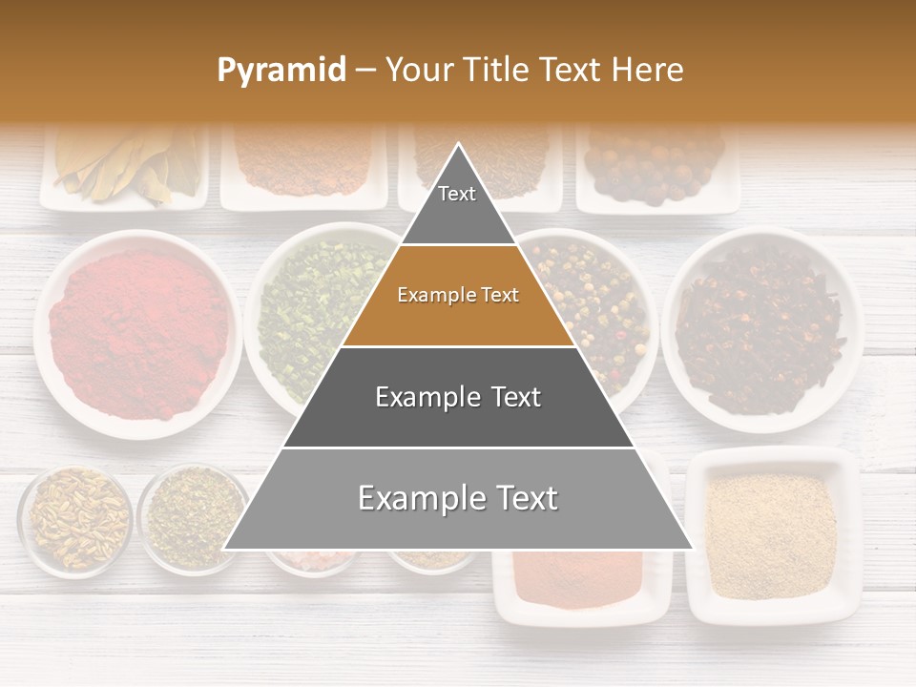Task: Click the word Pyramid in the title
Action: (281, 70)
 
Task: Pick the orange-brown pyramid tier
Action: (458, 296)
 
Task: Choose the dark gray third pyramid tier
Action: (458, 397)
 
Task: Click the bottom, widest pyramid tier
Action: (458, 499)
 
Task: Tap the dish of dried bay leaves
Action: (124, 167)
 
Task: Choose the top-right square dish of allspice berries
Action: (658, 167)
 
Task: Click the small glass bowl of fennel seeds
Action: (75, 520)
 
